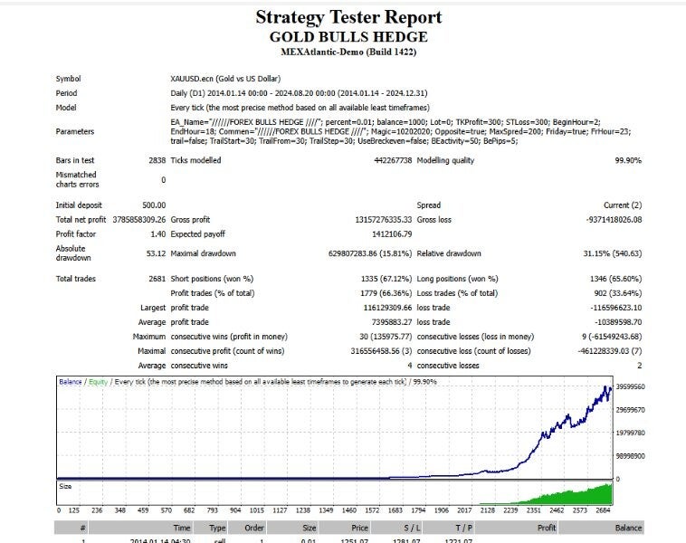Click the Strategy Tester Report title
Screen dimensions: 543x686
[348, 17]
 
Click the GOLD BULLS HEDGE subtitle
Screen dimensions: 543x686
[348, 37]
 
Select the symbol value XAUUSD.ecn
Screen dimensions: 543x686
[196, 79]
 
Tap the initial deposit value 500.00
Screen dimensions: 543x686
[153, 205]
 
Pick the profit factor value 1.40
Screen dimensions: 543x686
[157, 234]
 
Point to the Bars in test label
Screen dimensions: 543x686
[75, 160]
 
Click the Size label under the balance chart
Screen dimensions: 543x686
[64, 485]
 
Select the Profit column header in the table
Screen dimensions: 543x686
[546, 528]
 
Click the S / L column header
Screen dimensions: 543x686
[412, 528]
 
